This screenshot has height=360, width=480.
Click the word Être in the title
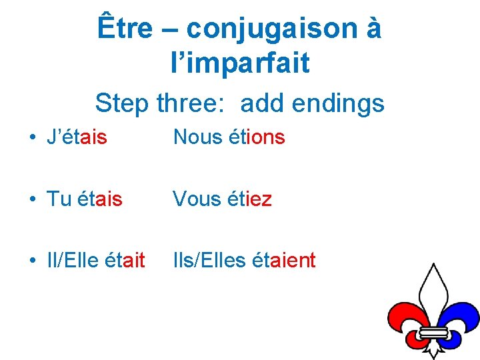tap(124, 29)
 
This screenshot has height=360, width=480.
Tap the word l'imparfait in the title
tap(240, 63)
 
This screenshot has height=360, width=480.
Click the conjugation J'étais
tap(77, 137)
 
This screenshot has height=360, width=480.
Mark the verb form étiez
tap(250, 199)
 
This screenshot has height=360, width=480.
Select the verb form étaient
tap(285, 261)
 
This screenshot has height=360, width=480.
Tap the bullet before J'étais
tap(32, 138)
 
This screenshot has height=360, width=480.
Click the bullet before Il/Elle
tap(32, 261)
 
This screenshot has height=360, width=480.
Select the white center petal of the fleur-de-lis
tap(434, 293)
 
